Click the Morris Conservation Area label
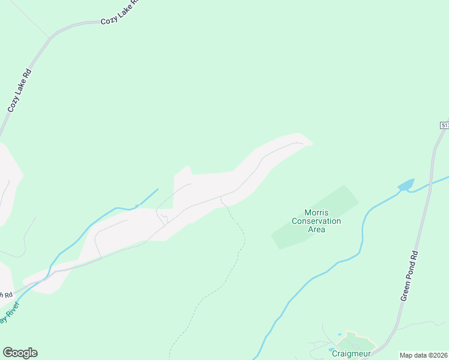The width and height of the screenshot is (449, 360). (316, 221)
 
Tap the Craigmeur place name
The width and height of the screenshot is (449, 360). (351, 353)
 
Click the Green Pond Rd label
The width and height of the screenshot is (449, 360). (409, 276)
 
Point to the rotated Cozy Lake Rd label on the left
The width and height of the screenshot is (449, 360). (19, 91)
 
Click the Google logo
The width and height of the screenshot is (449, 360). (20, 353)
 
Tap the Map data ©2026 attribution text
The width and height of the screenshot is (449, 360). (423, 355)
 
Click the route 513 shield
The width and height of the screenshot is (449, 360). (445, 125)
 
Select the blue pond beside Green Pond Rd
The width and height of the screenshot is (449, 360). (406, 185)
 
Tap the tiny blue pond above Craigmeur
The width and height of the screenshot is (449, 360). (339, 334)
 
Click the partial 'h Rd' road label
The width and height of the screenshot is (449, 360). (5, 295)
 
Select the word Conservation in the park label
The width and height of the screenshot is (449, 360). (316, 221)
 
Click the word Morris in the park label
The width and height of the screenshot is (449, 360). (316, 212)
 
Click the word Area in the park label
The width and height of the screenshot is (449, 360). (316, 229)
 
